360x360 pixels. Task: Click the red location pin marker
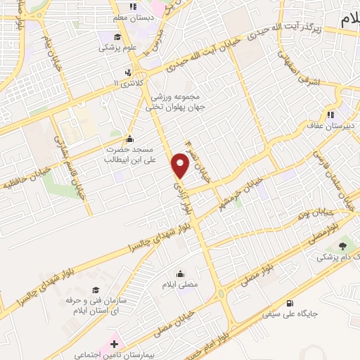[181, 165]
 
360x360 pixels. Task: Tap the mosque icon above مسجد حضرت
[129, 139]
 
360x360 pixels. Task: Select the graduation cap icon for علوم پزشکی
[116, 37]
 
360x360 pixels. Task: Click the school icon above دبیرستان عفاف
[329, 115]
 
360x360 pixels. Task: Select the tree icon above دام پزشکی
[342, 245]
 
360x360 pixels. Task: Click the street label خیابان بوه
[314, 212]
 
